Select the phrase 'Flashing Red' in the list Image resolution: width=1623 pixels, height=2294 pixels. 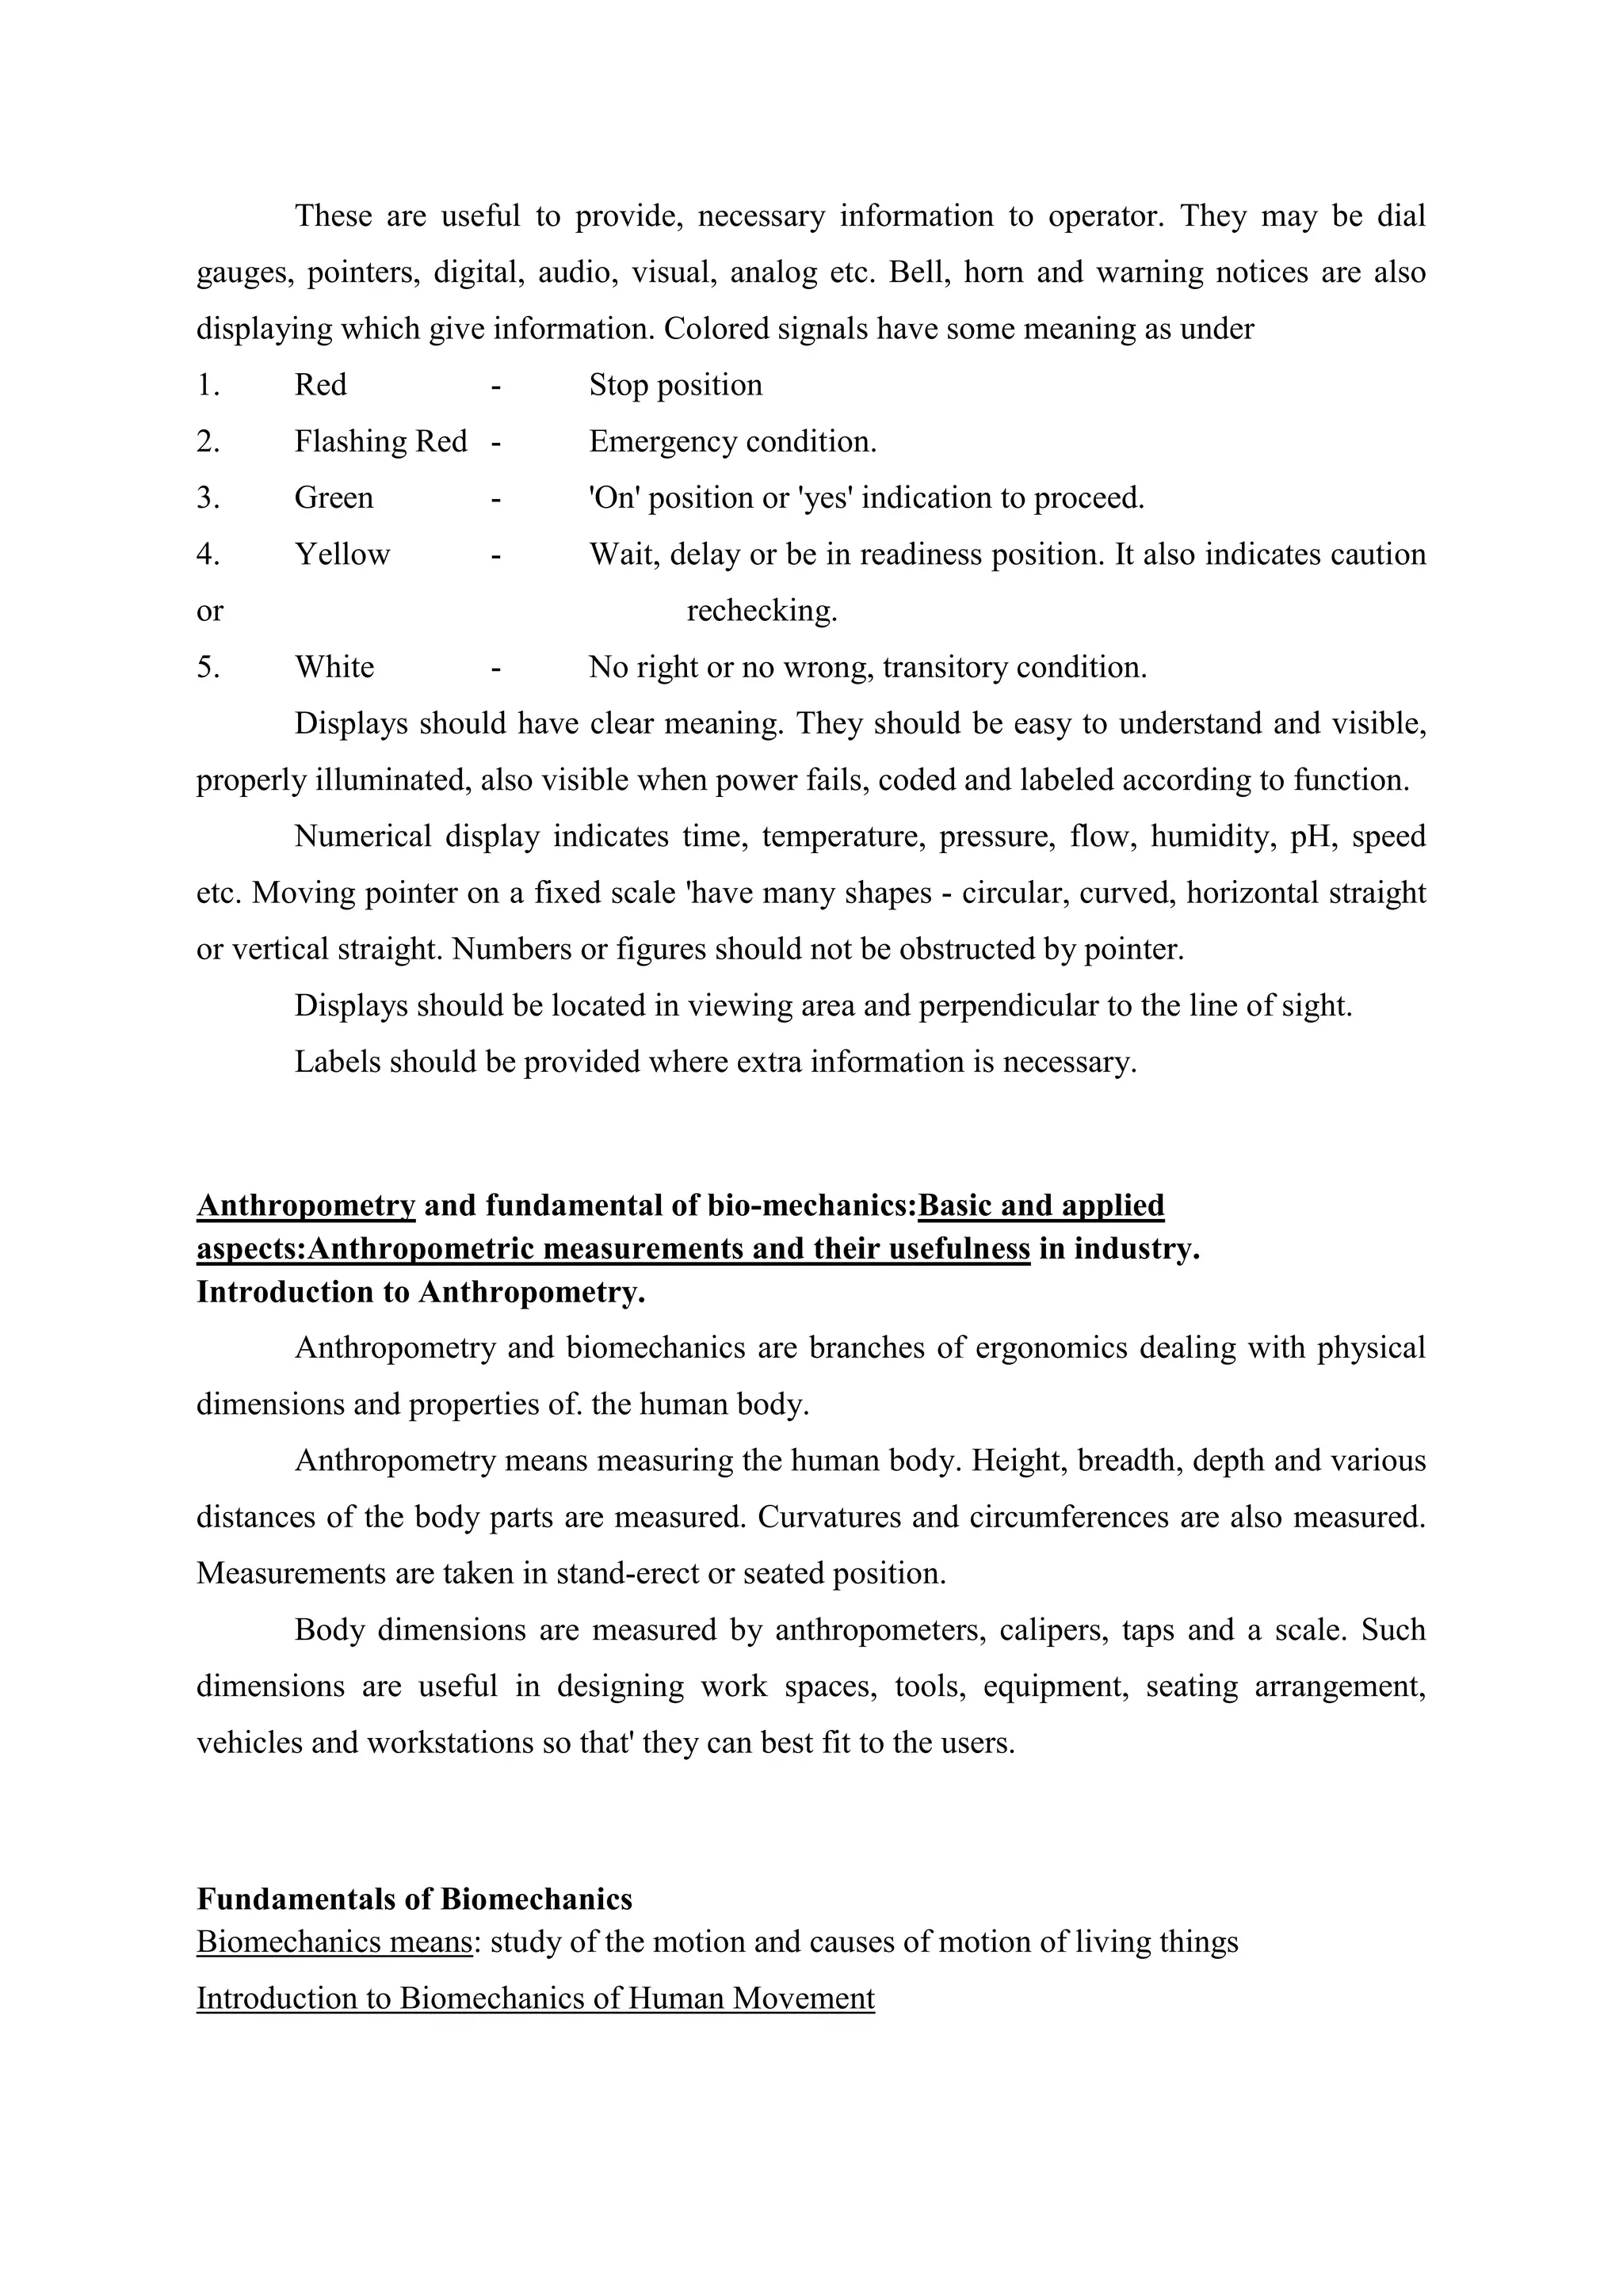pos(380,442)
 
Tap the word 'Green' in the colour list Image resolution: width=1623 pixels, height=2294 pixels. pos(333,497)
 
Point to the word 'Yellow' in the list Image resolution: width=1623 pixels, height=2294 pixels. pos(342,554)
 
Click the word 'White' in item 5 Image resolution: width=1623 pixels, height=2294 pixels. pos(334,668)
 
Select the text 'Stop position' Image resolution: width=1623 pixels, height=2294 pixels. pos(674,386)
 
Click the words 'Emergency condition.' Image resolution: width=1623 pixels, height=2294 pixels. pos(732,442)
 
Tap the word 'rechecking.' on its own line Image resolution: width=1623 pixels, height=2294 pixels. pos(762,611)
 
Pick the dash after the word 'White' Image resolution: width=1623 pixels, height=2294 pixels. pos(495,668)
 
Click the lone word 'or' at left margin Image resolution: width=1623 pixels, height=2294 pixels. pos(210,611)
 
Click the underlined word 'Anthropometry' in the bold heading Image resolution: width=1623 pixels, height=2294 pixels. pos(306,1206)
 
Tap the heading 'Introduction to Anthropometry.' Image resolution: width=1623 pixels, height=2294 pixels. pos(421,1293)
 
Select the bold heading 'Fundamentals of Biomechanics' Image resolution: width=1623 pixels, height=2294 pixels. pos(414,1899)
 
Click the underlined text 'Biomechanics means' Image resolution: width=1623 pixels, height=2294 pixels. pos(334,1942)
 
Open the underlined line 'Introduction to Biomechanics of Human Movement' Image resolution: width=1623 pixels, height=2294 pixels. pos(535,1999)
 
